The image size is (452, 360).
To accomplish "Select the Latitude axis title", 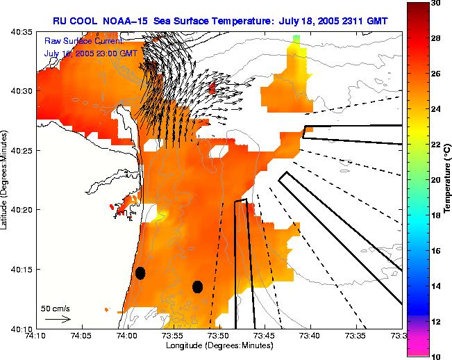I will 6,179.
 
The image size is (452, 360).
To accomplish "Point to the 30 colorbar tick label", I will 435,3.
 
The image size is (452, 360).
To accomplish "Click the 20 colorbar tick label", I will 435,180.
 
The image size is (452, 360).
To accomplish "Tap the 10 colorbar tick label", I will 435,356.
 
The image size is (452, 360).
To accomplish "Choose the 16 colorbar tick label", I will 435,250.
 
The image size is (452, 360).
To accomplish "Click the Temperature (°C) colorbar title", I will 448,179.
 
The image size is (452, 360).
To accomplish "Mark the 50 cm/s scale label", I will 56,307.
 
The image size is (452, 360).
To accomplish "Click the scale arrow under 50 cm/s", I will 58,319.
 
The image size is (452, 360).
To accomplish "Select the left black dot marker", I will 140,273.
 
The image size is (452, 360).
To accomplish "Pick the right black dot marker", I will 197,286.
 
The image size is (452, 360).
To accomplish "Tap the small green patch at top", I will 296,39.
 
